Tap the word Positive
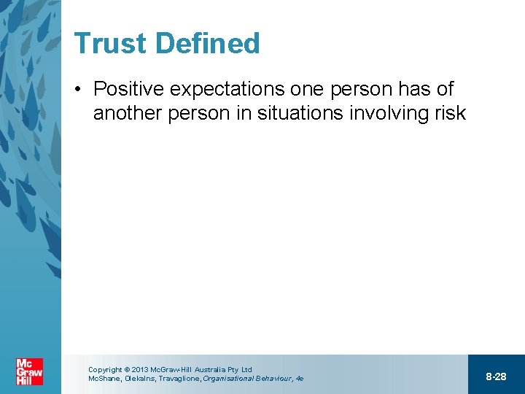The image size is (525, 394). coord(128,90)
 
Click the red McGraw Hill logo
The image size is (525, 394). coord(29,372)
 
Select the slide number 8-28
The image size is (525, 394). coord(496,376)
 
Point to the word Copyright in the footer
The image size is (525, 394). coord(105,370)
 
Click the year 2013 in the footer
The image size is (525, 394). coord(140,370)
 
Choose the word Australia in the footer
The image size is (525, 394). coord(211,370)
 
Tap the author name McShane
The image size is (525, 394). coord(104,379)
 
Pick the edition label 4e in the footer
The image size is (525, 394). coord(299,379)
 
